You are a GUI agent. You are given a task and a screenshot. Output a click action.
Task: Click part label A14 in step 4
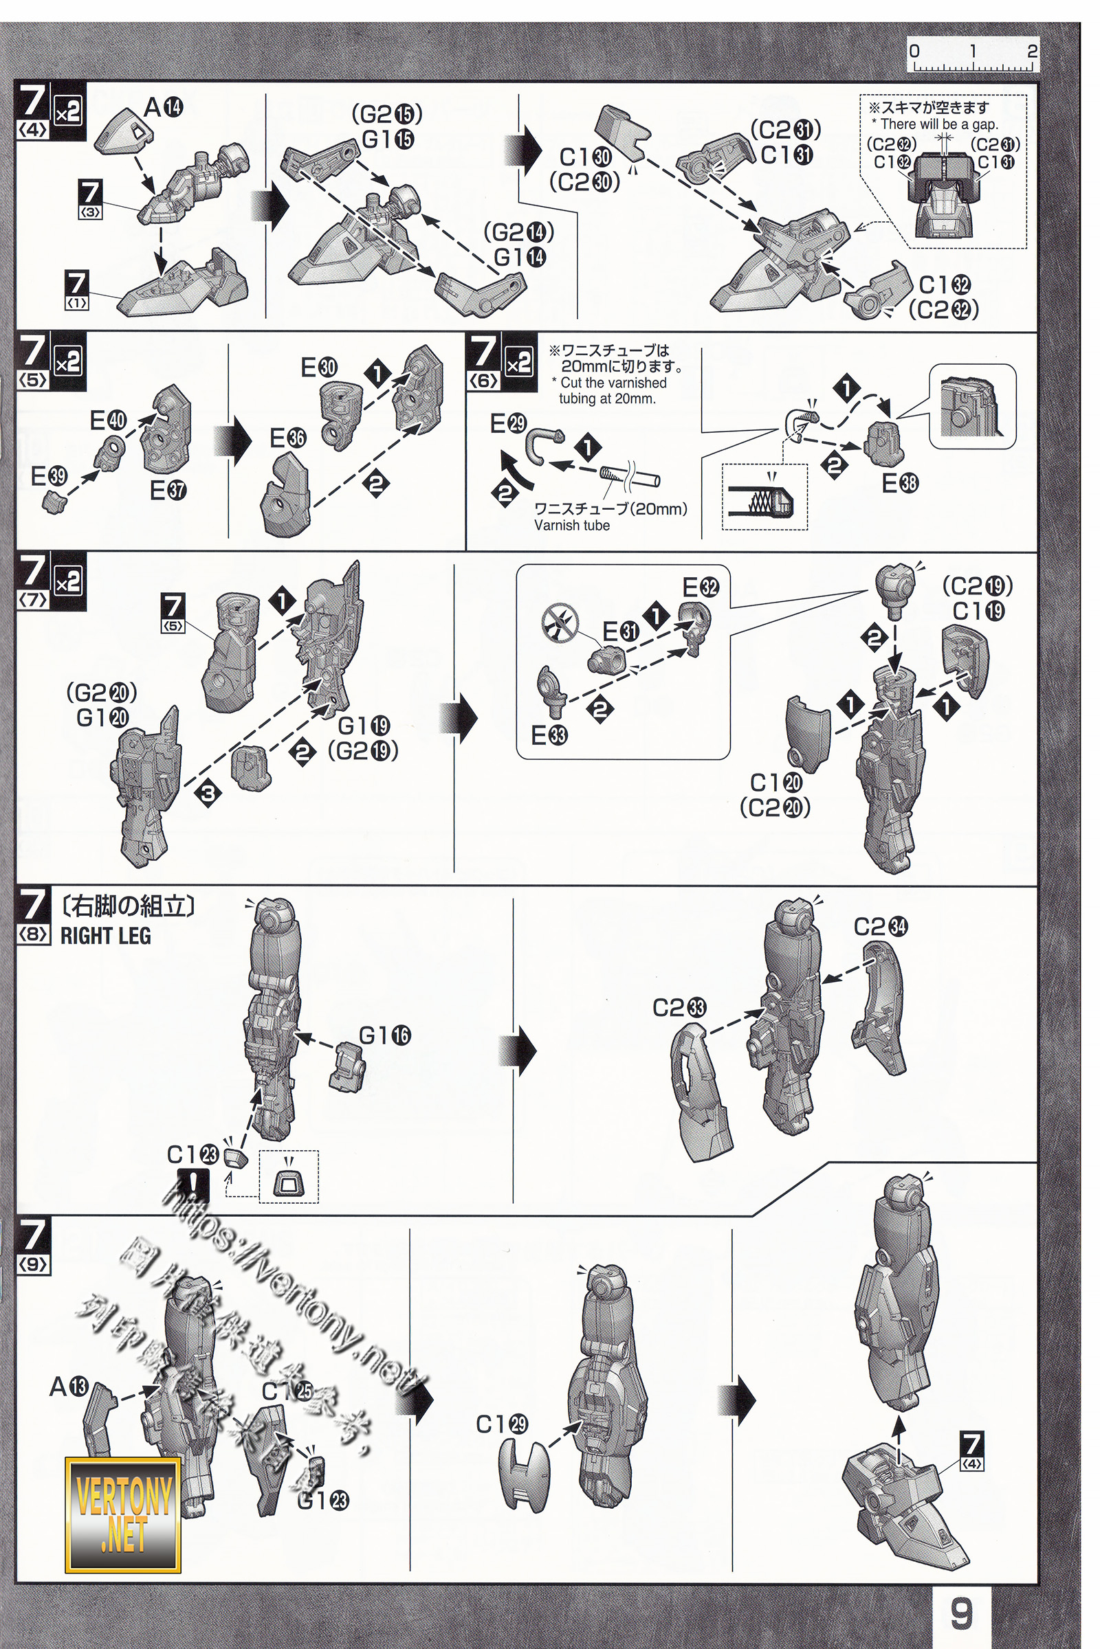[163, 107]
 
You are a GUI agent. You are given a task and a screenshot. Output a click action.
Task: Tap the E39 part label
[48, 476]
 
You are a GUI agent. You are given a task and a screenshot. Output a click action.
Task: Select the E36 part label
[287, 438]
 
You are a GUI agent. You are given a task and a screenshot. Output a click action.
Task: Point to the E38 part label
[900, 483]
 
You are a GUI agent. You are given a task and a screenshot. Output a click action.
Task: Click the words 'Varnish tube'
[572, 525]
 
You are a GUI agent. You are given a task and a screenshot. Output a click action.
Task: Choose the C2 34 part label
[881, 927]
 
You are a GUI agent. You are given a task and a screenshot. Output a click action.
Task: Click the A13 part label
[69, 1386]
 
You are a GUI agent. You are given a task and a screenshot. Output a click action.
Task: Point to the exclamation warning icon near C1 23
[194, 1183]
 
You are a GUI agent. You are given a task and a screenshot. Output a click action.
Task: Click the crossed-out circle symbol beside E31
[561, 622]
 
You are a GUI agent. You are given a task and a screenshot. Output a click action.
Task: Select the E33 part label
[549, 735]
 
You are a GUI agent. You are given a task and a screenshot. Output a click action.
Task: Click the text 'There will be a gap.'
[934, 124]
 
